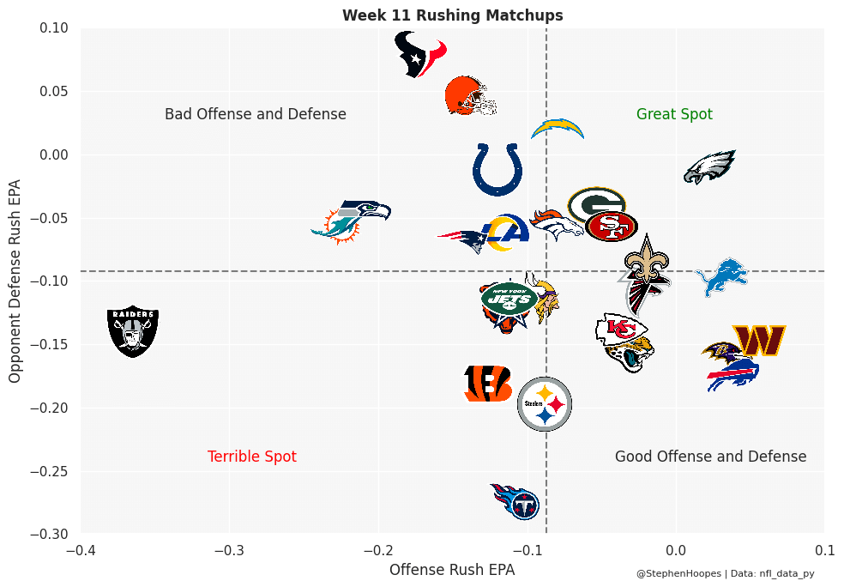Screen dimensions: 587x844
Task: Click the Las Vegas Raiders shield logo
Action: click(133, 332)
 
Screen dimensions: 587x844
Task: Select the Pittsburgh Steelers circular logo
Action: click(545, 403)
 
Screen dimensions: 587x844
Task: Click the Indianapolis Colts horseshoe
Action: click(497, 169)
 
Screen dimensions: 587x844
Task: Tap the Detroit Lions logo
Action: click(720, 276)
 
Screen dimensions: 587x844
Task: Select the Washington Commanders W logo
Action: click(759, 341)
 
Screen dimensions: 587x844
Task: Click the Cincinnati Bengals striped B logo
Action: click(487, 384)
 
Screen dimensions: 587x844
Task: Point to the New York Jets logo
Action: click(509, 298)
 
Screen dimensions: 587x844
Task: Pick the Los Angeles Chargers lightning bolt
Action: click(558, 129)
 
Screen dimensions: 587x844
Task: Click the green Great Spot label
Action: click(674, 114)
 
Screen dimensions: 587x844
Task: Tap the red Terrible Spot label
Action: click(252, 457)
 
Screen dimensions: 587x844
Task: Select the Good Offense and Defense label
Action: click(710, 457)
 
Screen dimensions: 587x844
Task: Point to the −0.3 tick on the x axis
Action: click(229, 549)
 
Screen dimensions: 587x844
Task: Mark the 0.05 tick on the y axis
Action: click(53, 92)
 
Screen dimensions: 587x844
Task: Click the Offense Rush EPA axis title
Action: click(452, 569)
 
